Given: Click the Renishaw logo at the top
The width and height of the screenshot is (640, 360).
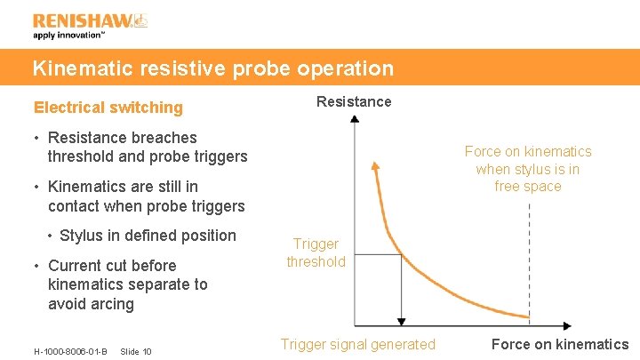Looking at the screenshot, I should [x=90, y=20].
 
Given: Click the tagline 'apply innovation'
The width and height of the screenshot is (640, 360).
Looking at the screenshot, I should [x=69, y=36].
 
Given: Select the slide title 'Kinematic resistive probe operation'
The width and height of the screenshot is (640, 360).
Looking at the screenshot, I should [x=212, y=68].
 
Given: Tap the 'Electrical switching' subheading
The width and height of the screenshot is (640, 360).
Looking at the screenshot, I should [x=108, y=108].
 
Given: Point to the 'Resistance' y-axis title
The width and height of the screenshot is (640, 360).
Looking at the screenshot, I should [x=354, y=101].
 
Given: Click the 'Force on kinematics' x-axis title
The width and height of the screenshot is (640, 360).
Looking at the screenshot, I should [x=559, y=344].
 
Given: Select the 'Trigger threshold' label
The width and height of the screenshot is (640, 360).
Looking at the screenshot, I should [x=316, y=252].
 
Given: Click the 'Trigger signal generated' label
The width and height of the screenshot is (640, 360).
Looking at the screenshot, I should [x=358, y=344].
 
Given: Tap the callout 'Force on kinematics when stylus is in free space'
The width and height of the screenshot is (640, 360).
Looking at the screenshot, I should [x=528, y=169].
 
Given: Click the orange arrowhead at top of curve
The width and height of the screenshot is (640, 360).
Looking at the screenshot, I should [x=376, y=164].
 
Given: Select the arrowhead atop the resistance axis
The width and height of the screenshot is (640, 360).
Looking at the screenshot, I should [x=355, y=119].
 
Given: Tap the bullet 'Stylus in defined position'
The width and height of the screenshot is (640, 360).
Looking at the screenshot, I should [x=148, y=236].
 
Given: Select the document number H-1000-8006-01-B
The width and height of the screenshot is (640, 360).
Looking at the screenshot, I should [x=70, y=351].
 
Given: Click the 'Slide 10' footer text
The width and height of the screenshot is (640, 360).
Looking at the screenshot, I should [x=135, y=351].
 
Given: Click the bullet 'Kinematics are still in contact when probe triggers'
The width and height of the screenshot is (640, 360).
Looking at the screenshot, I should [x=146, y=196].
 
